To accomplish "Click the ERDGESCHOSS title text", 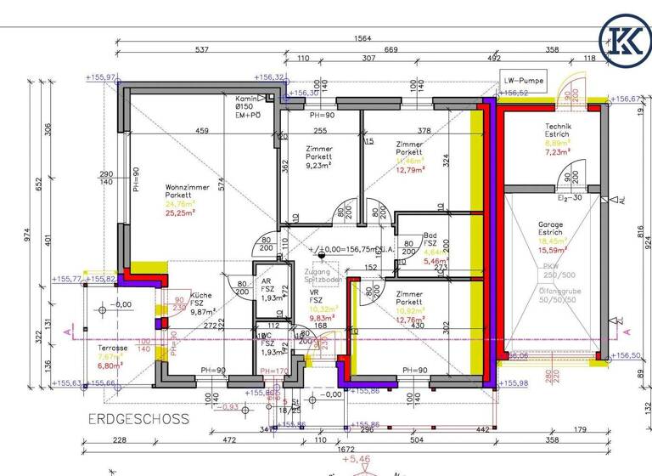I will (138, 420).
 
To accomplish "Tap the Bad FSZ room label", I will (432, 240).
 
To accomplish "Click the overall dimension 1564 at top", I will (362, 39).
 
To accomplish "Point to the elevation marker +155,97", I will (102, 77).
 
